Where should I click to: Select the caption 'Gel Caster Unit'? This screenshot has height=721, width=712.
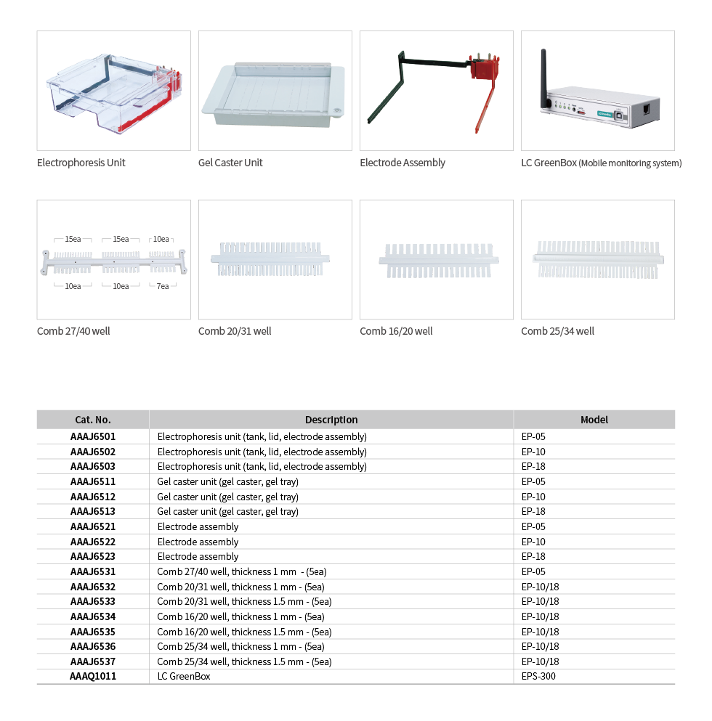tap(230, 163)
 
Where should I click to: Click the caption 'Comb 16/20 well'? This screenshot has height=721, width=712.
tap(396, 331)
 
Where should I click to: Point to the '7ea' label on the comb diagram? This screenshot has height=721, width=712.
tap(163, 286)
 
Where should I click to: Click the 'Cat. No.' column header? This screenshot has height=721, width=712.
tap(93, 420)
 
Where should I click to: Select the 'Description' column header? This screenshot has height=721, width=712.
tap(331, 420)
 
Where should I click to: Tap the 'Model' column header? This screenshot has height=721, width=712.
tap(594, 420)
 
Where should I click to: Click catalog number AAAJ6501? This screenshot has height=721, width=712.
tap(93, 436)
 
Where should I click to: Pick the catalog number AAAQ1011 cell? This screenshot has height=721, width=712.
tap(93, 677)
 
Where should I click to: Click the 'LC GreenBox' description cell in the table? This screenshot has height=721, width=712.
tap(184, 677)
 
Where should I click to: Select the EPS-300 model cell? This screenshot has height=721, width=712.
tap(538, 677)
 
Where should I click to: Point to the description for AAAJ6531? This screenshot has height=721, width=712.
tap(242, 571)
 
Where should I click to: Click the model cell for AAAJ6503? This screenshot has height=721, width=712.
tap(533, 466)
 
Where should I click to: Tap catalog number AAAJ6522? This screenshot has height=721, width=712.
tap(93, 542)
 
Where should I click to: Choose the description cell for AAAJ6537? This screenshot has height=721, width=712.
tap(244, 661)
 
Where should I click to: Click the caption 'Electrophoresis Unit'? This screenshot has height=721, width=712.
tap(81, 163)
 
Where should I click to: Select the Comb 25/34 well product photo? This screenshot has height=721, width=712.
tap(598, 260)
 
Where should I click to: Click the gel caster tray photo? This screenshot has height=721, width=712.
tap(273, 94)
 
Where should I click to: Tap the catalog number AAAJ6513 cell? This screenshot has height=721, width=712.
tap(93, 511)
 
